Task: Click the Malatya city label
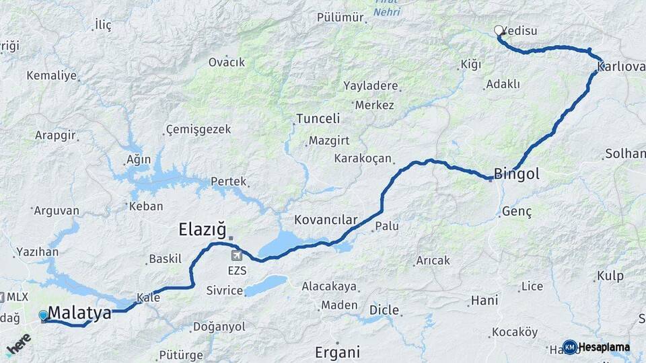[79, 313]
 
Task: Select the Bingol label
[517, 175]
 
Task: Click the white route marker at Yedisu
[499, 30]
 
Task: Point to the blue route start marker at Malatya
[44, 315]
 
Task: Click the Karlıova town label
[621, 67]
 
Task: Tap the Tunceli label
[317, 119]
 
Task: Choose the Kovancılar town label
[326, 220]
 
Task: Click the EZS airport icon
[237, 255]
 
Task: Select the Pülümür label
[340, 17]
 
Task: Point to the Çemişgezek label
[199, 129]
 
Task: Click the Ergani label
[338, 352]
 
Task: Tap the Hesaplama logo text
[604, 347]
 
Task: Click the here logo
[18, 344]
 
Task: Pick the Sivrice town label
[225, 290]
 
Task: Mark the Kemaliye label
[52, 75]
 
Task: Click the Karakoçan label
[363, 159]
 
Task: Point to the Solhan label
[625, 154]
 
